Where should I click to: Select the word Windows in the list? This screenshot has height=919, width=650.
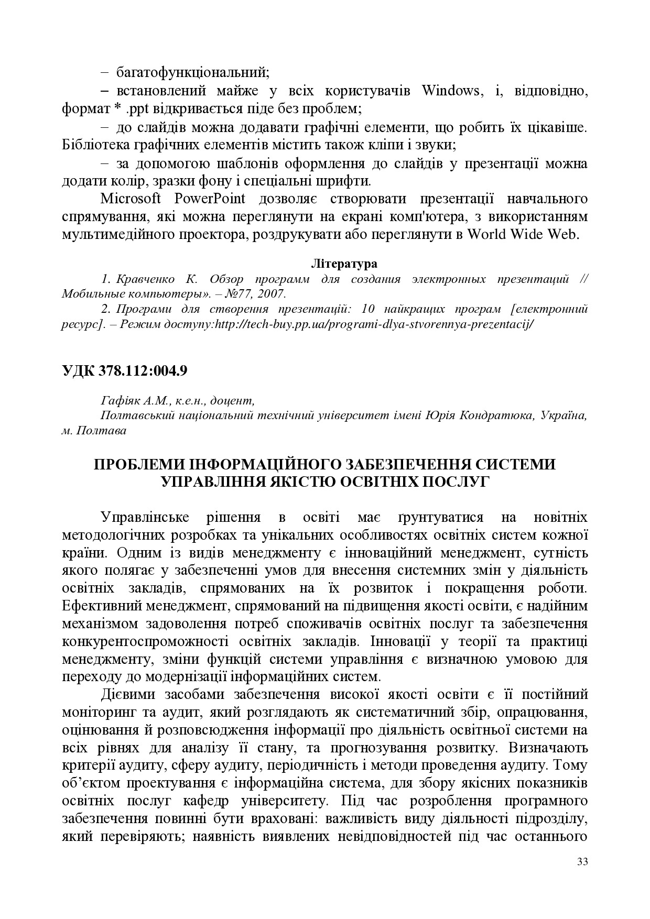[x=450, y=91]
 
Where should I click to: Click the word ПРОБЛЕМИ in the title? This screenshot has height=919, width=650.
[x=139, y=464]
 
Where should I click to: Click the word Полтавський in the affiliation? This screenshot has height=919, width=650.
[x=132, y=416]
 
